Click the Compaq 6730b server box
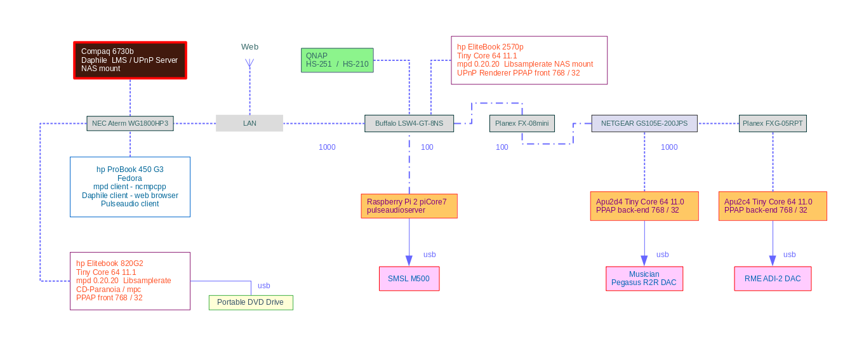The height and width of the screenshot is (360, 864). [130, 60]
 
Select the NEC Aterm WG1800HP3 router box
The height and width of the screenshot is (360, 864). [130, 123]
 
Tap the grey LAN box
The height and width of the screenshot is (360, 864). [249, 123]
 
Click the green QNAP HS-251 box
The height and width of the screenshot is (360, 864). [337, 60]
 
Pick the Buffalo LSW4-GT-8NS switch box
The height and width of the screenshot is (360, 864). [409, 123]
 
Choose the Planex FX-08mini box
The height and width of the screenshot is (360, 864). [522, 123]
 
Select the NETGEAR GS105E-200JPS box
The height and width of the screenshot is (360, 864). [644, 123]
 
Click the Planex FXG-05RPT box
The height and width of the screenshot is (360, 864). [773, 123]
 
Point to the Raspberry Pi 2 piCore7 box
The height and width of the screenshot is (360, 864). [409, 206]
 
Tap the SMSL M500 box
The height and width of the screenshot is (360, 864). [409, 279]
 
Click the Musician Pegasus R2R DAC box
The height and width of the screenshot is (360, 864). [644, 279]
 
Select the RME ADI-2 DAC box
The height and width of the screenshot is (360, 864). [773, 279]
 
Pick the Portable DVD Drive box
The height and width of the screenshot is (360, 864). [251, 302]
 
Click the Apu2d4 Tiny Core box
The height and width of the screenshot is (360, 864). [644, 206]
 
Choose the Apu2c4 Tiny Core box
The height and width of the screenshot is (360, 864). [773, 206]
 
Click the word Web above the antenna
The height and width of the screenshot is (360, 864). [249, 47]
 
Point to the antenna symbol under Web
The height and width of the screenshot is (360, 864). [249, 63]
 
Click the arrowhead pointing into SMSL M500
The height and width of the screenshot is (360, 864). [409, 261]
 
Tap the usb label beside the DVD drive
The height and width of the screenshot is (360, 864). [264, 286]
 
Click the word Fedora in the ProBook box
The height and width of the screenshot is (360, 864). [130, 178]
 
